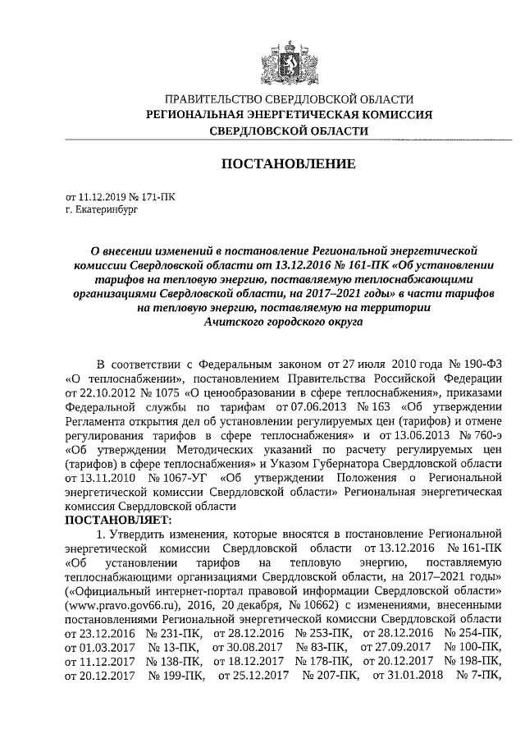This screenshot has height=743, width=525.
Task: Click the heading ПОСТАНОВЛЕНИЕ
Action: pos(289,164)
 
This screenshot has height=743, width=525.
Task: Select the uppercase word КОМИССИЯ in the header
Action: pos(393,114)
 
